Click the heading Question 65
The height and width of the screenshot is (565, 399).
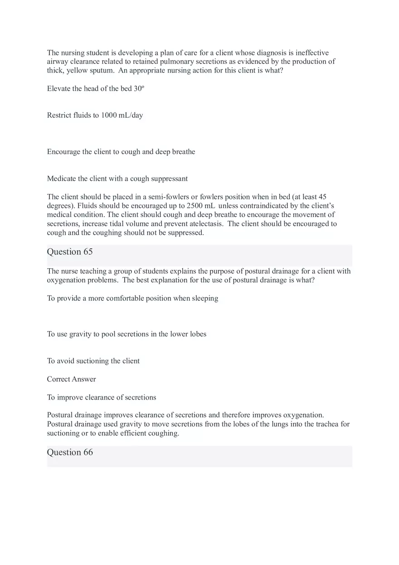point(70,252)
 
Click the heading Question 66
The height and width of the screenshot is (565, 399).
point(70,453)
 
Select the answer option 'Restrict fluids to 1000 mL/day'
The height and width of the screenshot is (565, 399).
point(95,116)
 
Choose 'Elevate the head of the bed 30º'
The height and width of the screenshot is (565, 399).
point(95,89)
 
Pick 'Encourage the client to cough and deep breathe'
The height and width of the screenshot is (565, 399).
point(121,152)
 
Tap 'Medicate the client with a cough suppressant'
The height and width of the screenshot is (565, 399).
point(117,179)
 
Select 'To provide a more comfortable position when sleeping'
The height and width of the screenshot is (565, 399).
point(132,299)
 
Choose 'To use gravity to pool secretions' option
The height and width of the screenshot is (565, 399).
point(127,334)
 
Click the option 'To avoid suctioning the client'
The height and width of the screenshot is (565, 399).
point(93,361)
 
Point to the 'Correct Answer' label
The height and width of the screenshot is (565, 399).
point(71,379)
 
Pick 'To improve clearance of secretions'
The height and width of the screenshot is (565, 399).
point(102,398)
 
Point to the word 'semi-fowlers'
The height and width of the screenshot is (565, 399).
point(165,197)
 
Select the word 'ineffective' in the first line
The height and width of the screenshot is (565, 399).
point(312,53)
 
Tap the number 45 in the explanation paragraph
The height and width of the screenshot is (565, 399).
point(322,197)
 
